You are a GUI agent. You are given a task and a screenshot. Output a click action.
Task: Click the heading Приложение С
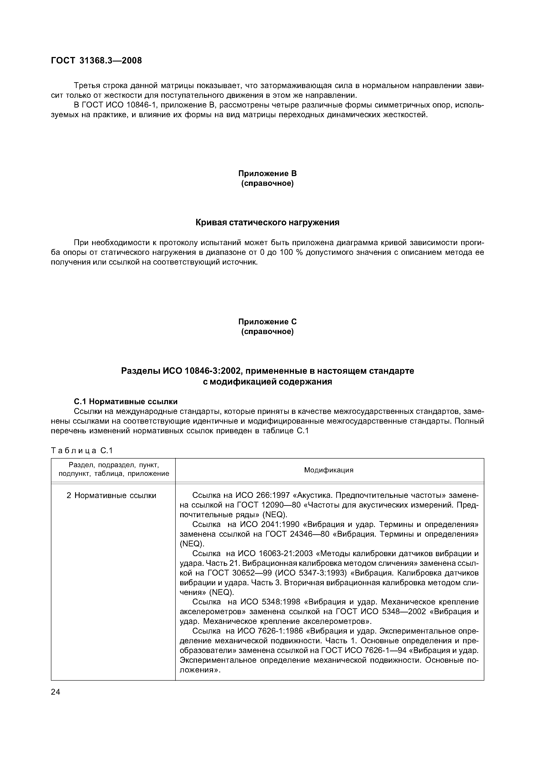267,322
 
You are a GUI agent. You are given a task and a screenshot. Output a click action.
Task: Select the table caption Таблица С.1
82,450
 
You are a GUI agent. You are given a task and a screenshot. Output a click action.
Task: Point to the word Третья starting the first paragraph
87,86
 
